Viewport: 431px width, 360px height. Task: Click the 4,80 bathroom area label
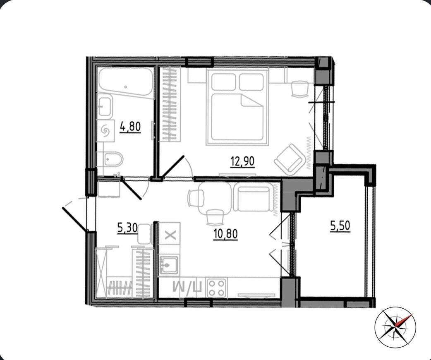[130, 127]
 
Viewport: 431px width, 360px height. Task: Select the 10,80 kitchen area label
[225, 234]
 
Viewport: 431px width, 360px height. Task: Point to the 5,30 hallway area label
[127, 228]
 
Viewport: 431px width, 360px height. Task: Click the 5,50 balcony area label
[340, 226]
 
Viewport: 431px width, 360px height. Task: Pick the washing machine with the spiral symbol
[105, 131]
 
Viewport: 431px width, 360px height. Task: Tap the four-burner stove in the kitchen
[217, 288]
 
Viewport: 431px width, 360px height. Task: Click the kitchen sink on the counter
[169, 265]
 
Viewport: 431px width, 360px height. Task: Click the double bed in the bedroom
[237, 107]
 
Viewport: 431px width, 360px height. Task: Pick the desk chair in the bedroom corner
[299, 88]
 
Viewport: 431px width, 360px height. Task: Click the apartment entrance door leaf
[75, 219]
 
